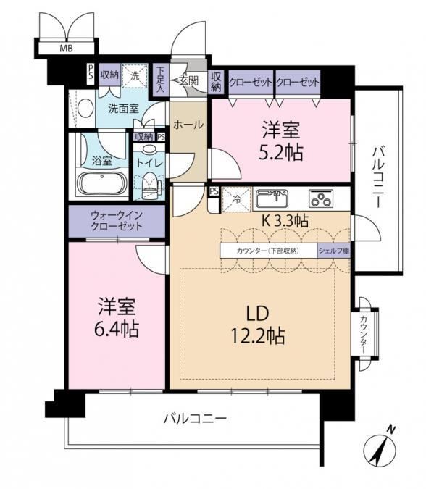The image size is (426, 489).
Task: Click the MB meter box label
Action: point(66,49)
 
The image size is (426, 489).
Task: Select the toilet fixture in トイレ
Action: point(149,184)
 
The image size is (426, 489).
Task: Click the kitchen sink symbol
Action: point(272,198)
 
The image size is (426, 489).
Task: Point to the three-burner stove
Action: point(321,198)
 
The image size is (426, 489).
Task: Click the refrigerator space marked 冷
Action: point(237,199)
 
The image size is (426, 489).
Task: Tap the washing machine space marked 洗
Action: point(135,76)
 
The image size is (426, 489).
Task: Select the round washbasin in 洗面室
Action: point(85,108)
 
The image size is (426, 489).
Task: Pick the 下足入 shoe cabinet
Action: point(160,80)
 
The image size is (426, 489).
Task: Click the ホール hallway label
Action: point(188,125)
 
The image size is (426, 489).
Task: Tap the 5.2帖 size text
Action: point(280,153)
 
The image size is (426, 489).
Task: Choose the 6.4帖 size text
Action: point(117,329)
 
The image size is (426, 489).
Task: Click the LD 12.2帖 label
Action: point(258,325)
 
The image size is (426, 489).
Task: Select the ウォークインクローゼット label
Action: point(117,220)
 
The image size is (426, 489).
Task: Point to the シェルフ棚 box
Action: point(334,251)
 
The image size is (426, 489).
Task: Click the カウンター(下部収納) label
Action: point(268,251)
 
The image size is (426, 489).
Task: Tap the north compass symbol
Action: point(380,447)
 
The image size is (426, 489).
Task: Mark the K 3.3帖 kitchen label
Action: point(285,221)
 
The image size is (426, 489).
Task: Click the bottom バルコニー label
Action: point(195,418)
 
